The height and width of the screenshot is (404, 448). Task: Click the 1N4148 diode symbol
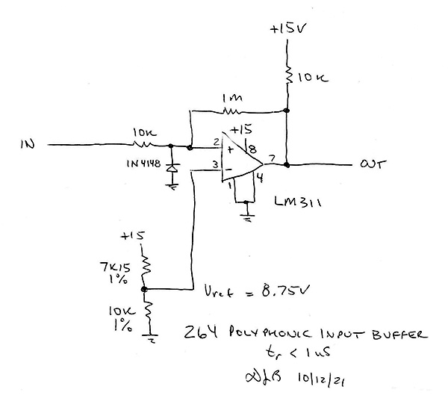coord(173,170)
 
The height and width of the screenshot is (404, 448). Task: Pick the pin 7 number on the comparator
coord(272,157)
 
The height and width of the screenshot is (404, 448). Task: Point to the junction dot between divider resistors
coord(145,289)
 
